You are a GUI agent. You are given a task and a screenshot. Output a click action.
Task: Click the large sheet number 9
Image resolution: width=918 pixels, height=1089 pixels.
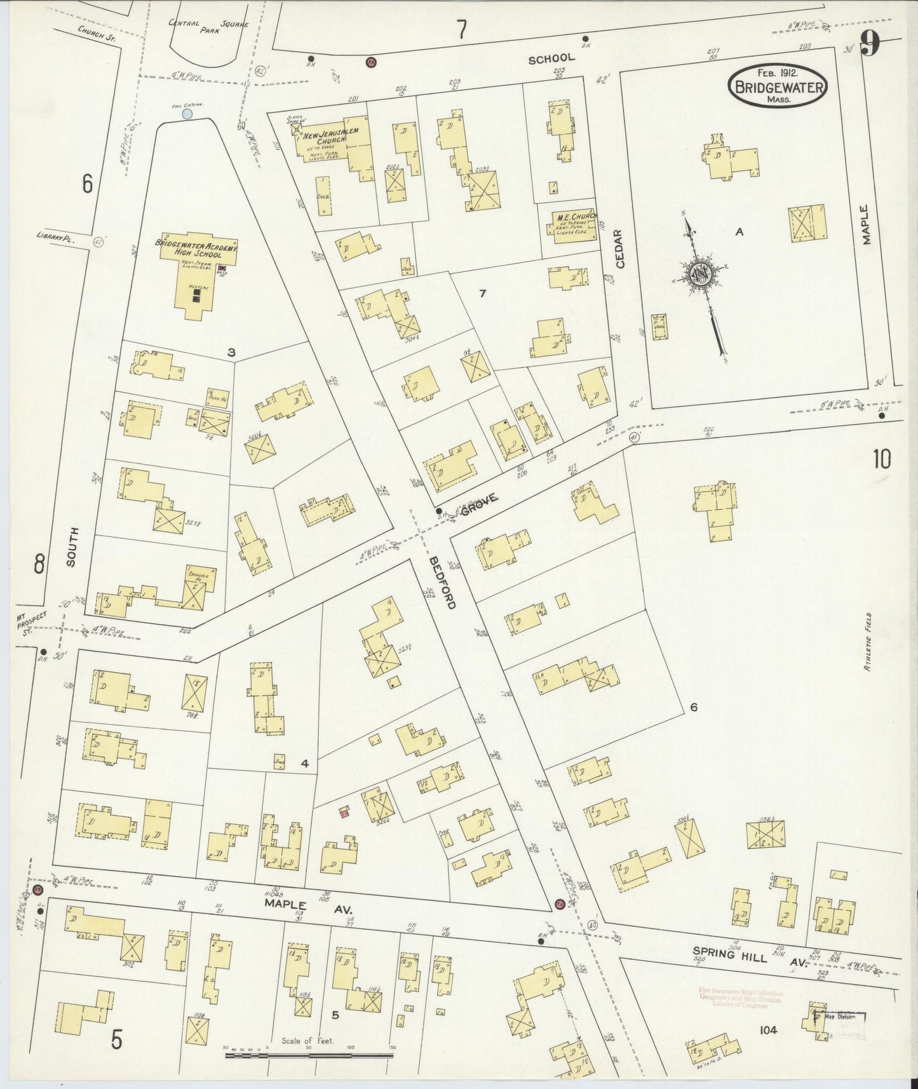point(870,45)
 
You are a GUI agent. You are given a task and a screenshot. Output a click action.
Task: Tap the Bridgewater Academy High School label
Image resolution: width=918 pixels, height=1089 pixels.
point(196,248)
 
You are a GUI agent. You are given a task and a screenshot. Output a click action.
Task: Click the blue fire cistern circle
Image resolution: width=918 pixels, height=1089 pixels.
point(187,114)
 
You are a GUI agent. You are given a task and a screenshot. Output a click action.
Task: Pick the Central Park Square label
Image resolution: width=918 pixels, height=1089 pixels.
point(208,26)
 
